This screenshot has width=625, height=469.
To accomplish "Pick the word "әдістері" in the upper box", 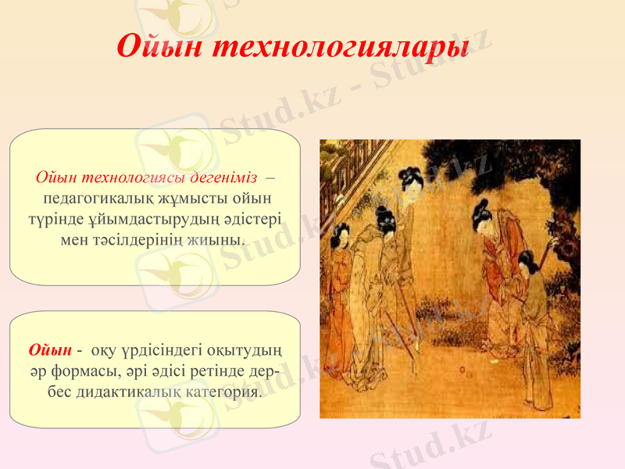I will click(x=257, y=218).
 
